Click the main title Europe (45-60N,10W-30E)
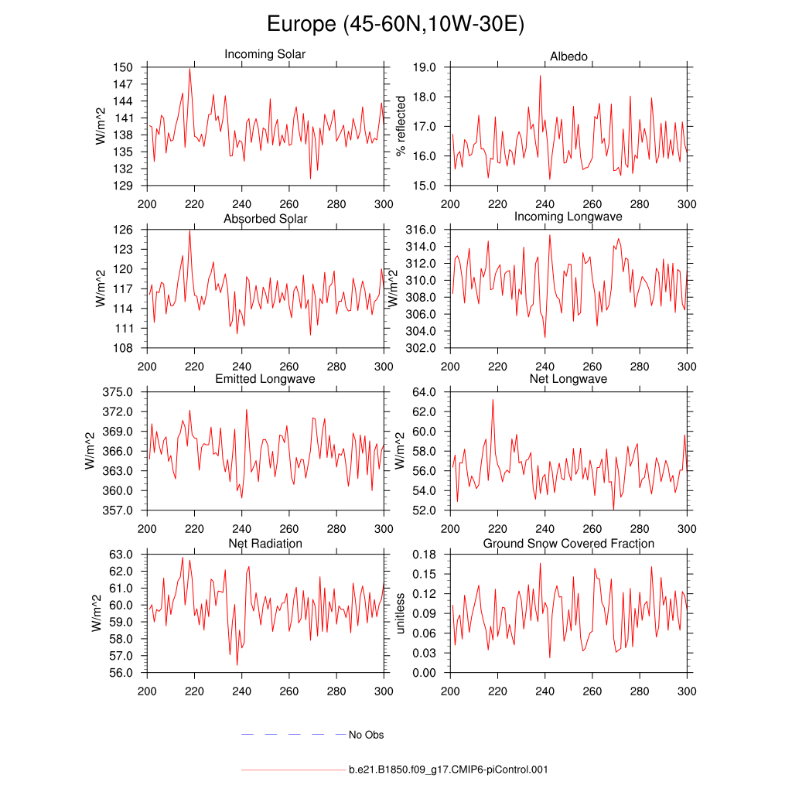click(395, 24)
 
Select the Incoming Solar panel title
click(265, 54)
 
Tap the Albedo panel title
click(568, 57)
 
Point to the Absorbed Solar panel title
click(265, 219)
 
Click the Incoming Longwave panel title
click(568, 217)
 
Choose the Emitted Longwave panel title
click(265, 379)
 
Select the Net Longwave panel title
click(568, 379)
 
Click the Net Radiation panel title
click(265, 544)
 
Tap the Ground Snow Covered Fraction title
click(568, 544)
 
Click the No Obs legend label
click(366, 735)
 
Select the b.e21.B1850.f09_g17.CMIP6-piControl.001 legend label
click(449, 770)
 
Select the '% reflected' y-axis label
click(401, 126)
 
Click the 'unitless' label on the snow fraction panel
click(401, 613)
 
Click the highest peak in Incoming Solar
click(189, 69)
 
